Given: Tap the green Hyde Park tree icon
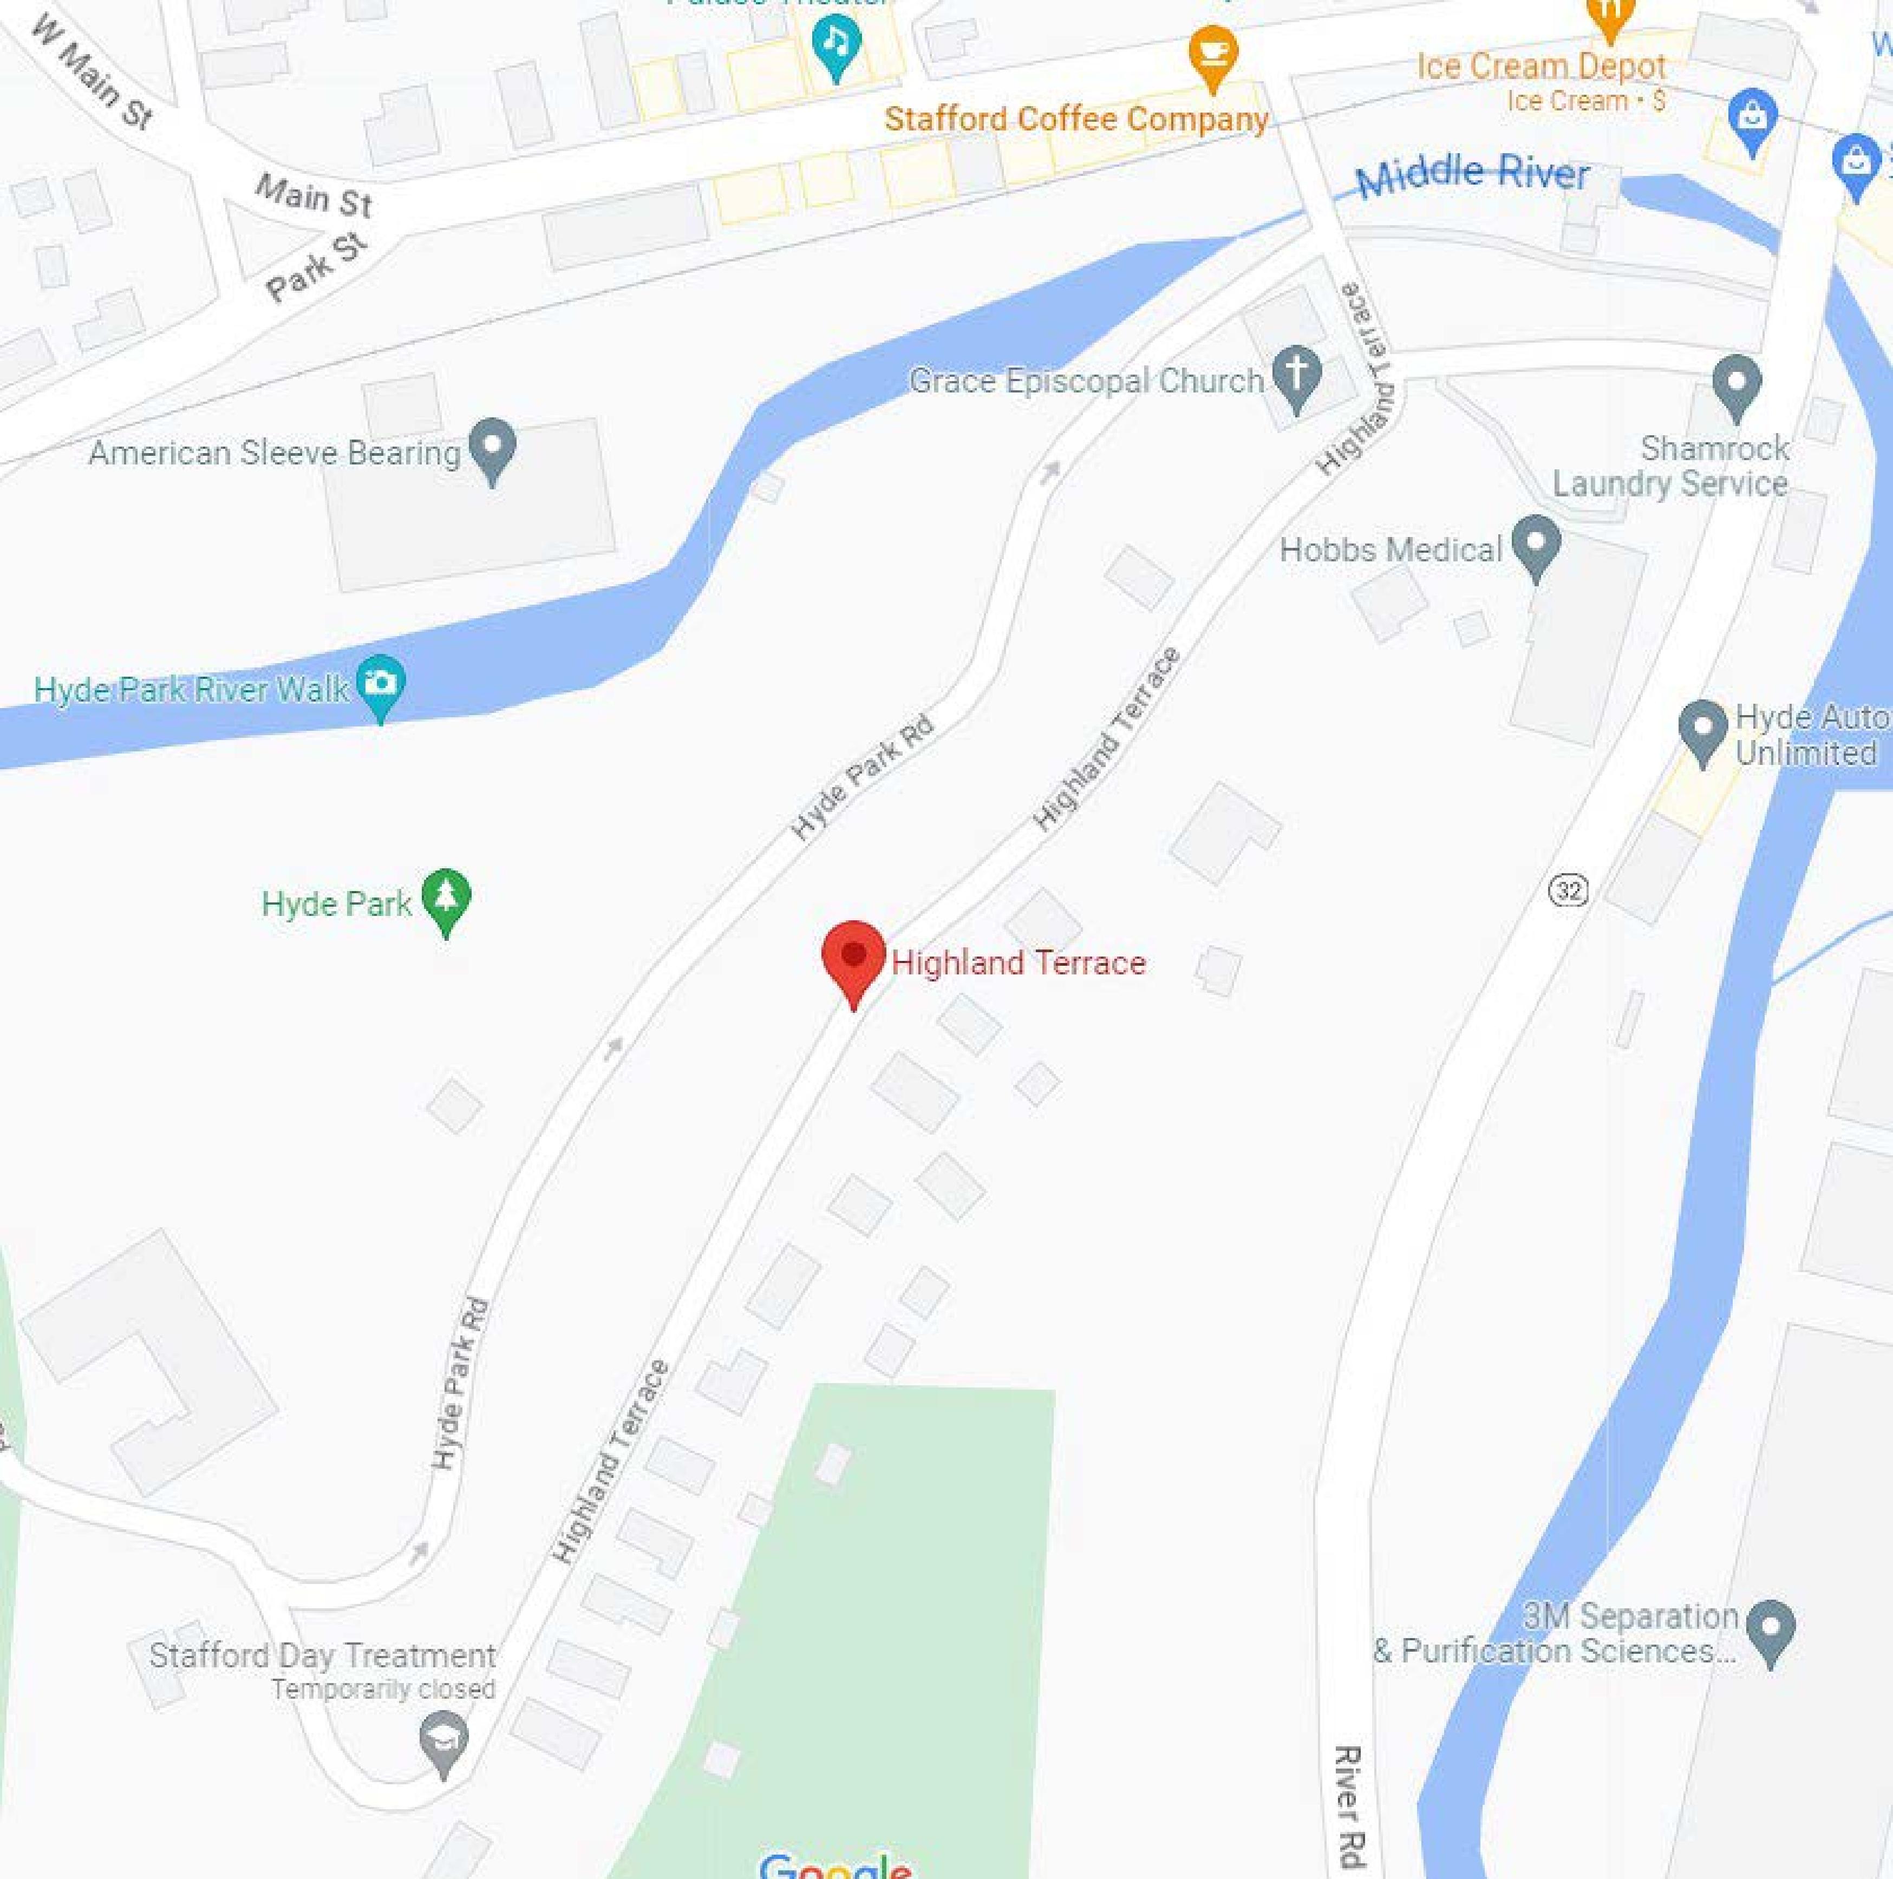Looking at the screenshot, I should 446,898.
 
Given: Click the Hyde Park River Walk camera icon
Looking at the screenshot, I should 380,683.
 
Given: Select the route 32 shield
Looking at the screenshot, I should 1569,889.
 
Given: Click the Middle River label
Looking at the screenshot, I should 1472,174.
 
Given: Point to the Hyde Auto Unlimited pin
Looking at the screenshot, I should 1703,729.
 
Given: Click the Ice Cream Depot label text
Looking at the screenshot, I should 1541,67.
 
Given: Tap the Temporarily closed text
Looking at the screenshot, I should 383,1689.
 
